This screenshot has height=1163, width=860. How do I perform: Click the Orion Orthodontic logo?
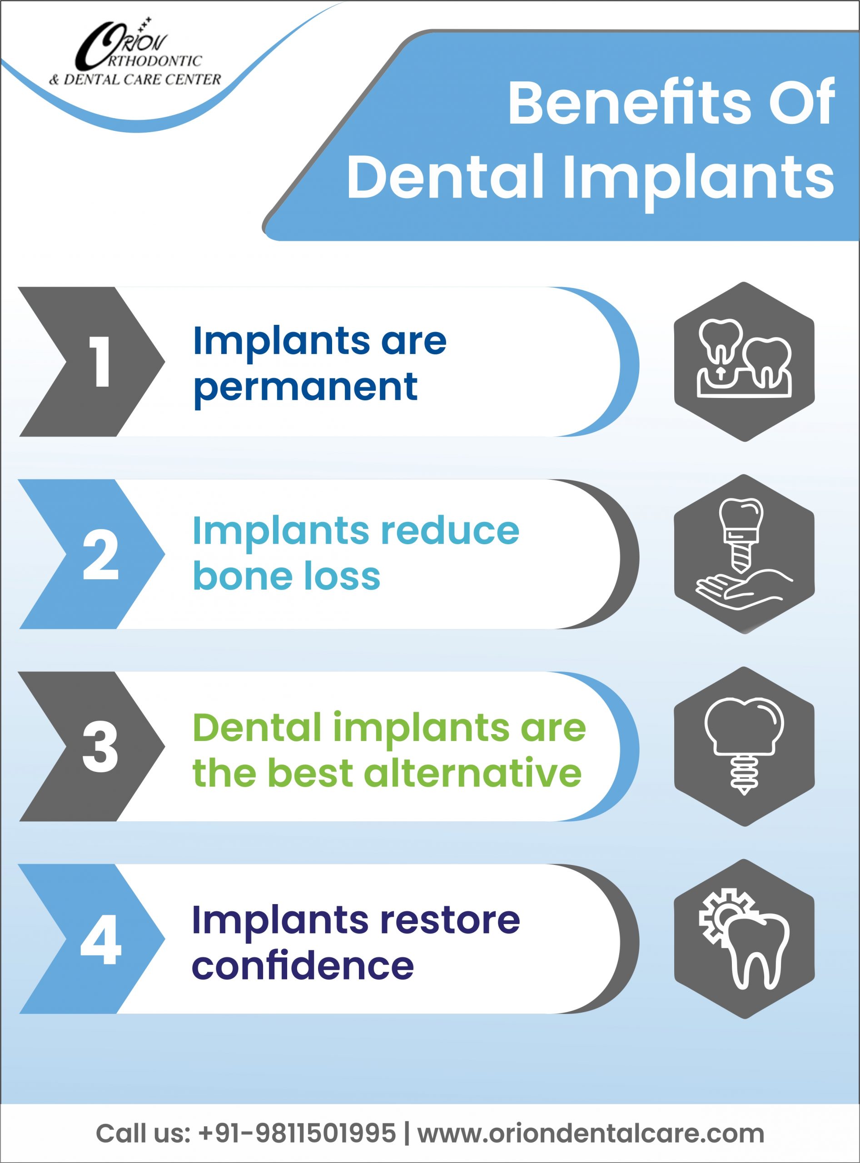135,52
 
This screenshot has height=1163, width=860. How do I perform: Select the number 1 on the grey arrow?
100,361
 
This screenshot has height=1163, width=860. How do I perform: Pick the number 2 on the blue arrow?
100,554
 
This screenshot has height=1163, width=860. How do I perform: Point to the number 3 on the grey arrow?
100,746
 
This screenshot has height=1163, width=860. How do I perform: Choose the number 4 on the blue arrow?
100,939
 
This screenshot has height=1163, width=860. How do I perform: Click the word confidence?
303,966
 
